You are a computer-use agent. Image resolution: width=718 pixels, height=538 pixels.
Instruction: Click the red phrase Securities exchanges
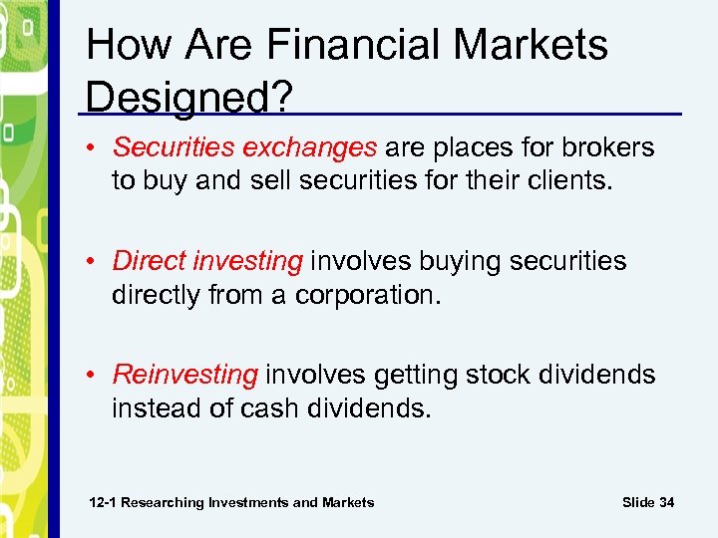[244, 147]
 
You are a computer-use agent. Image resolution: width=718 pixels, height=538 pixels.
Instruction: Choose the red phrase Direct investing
[207, 261]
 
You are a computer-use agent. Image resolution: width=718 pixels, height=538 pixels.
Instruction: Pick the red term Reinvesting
[184, 375]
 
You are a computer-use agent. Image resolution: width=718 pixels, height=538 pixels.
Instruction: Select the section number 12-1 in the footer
[104, 502]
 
